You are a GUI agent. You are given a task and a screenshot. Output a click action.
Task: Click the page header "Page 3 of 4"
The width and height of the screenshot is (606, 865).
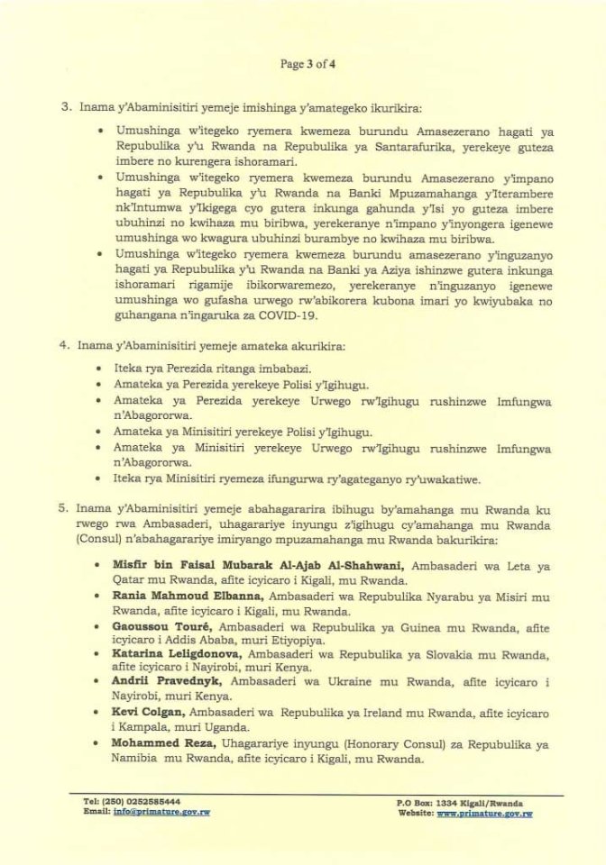click(303, 64)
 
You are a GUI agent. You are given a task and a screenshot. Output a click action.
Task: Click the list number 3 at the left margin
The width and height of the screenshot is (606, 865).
click(66, 106)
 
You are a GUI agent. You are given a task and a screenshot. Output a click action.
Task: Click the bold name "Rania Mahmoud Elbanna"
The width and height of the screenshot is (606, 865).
click(187, 596)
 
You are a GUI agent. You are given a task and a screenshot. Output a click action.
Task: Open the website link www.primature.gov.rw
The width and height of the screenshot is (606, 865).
click(484, 813)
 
